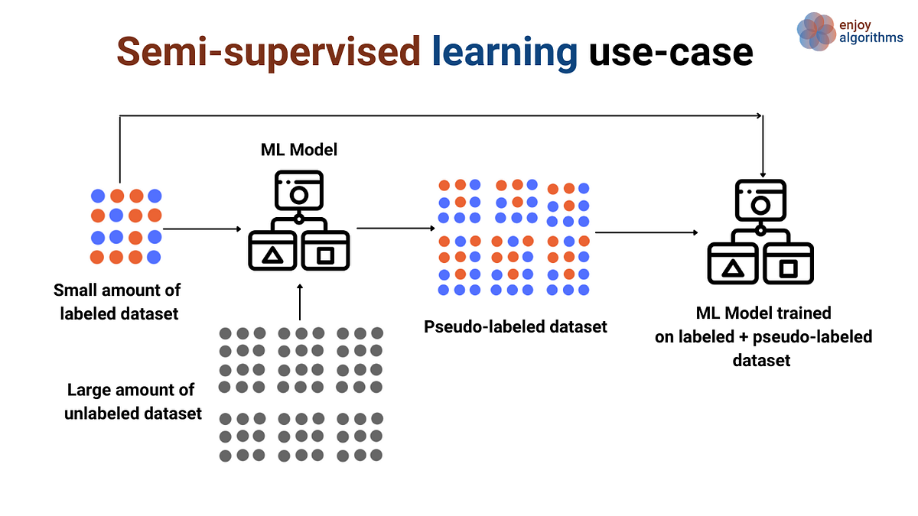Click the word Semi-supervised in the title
268,52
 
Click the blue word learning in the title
505,52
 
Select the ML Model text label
299,151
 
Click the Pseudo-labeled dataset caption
516,327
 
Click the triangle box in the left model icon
271,255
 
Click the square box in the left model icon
326,255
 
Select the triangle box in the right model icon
733,267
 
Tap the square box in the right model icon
788,267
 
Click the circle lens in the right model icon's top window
760,204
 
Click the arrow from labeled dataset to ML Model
203,229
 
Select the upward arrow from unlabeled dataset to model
299,302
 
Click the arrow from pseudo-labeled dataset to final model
646,232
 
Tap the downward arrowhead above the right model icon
762,173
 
